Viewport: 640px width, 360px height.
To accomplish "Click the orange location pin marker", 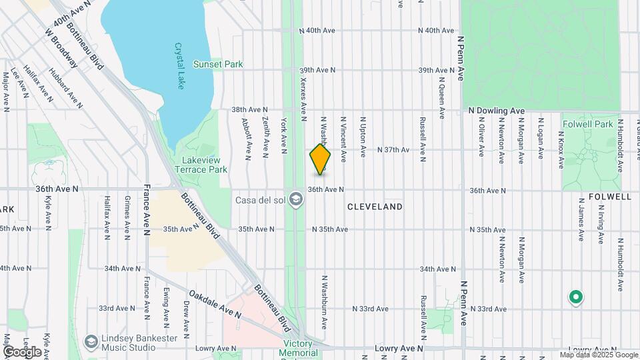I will click(x=320, y=159).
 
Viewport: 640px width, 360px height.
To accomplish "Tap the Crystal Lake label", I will click(x=179, y=66).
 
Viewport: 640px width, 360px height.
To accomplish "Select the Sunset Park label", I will click(x=217, y=64).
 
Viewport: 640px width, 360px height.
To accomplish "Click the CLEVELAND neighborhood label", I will click(x=375, y=207).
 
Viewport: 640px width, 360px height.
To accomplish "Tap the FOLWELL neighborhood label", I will click(x=609, y=197).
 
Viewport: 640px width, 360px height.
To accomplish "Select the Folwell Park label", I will click(x=587, y=124).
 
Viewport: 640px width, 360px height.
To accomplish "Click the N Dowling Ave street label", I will click(x=497, y=111).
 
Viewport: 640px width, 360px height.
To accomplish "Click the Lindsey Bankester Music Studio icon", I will click(x=91, y=342).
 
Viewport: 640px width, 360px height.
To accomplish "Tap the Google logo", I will click(x=22, y=351).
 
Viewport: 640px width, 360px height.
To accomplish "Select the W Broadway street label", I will click(x=61, y=47).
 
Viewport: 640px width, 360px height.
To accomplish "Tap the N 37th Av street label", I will click(x=393, y=150).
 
